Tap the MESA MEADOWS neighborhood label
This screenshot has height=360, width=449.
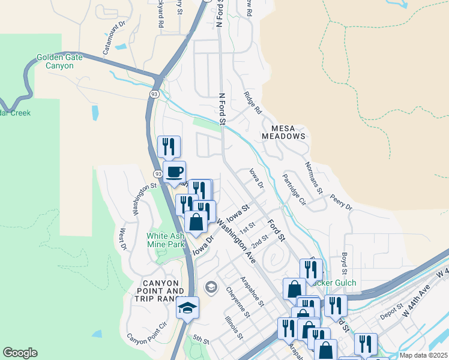284,132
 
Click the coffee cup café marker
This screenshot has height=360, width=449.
175,172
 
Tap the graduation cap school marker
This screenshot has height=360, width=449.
187,308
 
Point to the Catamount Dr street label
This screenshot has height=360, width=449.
113,39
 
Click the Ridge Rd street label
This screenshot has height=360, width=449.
253,103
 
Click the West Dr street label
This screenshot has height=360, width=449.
123,238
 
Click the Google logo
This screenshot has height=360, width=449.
20,353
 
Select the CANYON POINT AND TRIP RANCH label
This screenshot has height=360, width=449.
161,291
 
